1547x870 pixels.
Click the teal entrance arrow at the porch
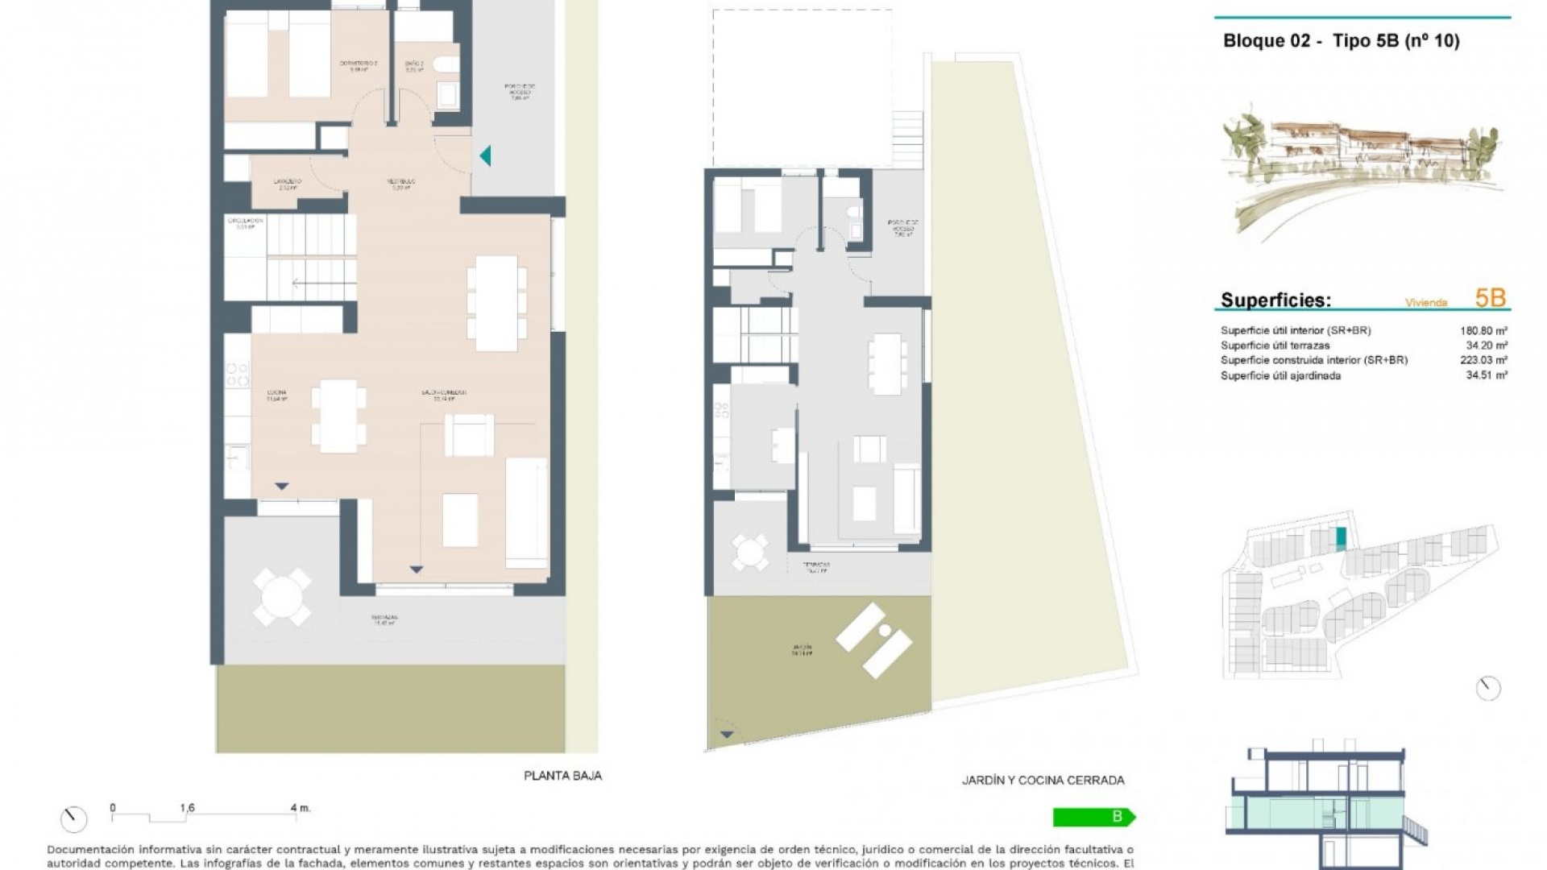click(485, 155)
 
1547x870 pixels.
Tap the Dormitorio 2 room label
click(359, 65)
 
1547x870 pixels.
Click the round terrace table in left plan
click(281, 597)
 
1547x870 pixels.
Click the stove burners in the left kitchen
click(237, 375)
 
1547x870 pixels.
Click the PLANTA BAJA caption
click(562, 776)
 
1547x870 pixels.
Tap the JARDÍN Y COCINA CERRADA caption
click(1043, 780)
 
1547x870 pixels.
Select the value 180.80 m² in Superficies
click(1483, 330)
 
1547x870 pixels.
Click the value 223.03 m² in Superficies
click(1483, 360)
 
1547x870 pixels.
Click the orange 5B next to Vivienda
click(1490, 298)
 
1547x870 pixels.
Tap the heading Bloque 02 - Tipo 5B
click(1341, 41)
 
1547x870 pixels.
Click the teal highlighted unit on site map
click(1341, 538)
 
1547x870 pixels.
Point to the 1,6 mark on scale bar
click(187, 808)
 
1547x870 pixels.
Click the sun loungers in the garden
click(874, 640)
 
